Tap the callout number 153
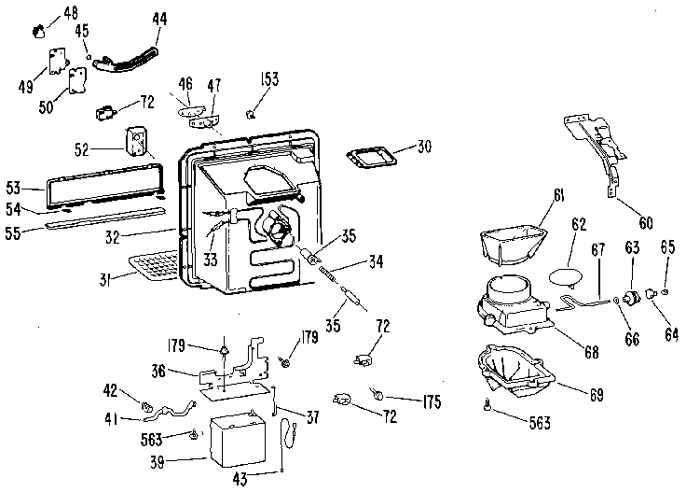(x=268, y=80)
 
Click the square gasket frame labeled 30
(x=370, y=156)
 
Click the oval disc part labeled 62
(x=569, y=276)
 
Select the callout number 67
(x=597, y=251)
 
